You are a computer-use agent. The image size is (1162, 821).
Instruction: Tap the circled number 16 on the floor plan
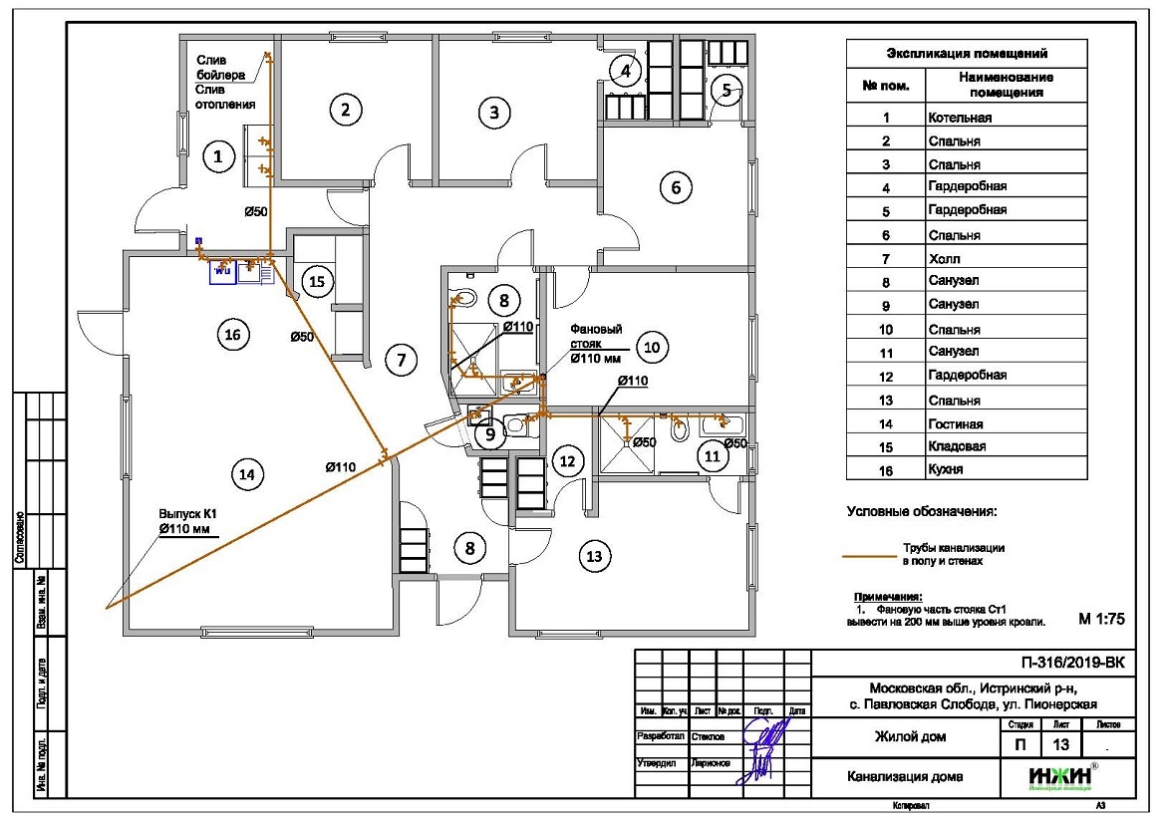pyautogui.click(x=232, y=335)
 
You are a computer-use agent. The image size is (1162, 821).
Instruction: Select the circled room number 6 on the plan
pyautogui.click(x=676, y=186)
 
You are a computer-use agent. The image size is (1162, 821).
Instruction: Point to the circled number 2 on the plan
pyautogui.click(x=345, y=110)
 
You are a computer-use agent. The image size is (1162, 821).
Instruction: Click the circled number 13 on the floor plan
pyautogui.click(x=595, y=556)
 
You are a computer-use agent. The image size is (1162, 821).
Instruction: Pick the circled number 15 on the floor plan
pyautogui.click(x=317, y=282)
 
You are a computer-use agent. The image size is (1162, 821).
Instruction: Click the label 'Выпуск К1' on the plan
pyautogui.click(x=188, y=515)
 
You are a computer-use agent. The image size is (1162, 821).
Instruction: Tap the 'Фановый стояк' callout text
pyautogui.click(x=596, y=334)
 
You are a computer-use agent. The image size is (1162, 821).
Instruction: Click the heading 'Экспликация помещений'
pyautogui.click(x=966, y=53)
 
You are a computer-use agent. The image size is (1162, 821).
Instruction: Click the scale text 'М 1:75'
pyautogui.click(x=1101, y=619)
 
